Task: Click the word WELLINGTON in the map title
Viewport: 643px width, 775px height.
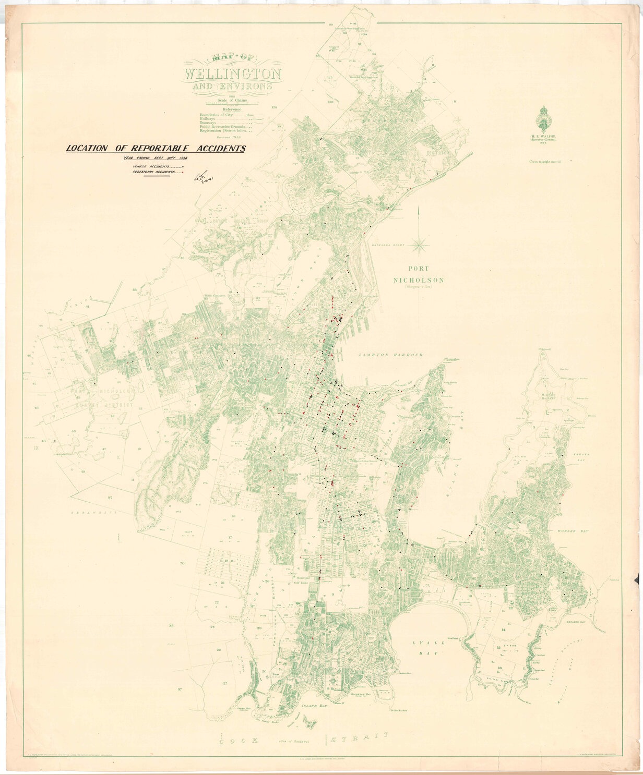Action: point(233,73)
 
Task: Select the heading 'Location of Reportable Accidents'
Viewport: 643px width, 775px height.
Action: point(156,149)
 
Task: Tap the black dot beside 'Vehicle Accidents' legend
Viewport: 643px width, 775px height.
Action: point(183,166)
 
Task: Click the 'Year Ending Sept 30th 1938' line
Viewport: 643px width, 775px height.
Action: point(155,158)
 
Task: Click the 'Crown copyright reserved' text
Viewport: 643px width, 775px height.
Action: point(545,162)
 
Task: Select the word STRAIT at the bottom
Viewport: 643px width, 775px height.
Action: point(362,736)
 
